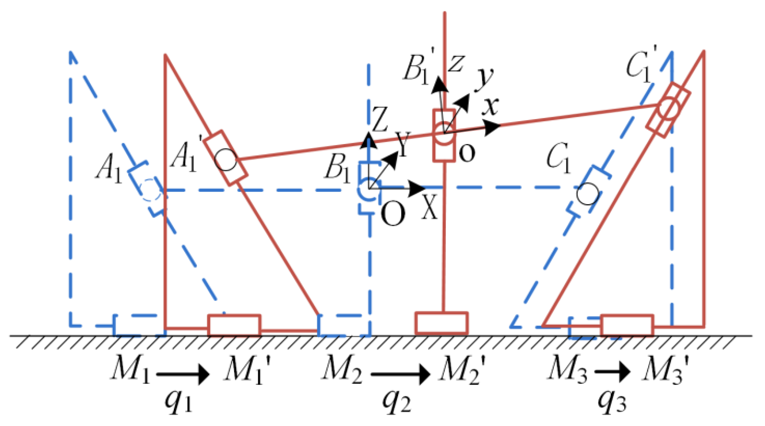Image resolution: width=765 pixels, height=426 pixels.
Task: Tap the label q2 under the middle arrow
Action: tap(397, 401)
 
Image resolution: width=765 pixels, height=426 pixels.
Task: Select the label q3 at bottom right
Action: tap(612, 401)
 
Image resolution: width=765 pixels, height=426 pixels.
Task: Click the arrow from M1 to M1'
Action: tap(183, 374)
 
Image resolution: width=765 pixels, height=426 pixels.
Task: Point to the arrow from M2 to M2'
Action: tap(400, 374)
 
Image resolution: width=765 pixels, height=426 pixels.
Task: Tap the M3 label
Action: tap(567, 369)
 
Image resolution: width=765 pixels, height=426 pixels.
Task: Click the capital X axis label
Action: tap(430, 207)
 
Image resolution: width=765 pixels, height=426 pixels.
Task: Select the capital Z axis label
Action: tap(380, 119)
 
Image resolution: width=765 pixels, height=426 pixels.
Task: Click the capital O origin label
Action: tap(393, 214)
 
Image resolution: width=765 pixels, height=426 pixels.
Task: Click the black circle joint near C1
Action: tap(588, 194)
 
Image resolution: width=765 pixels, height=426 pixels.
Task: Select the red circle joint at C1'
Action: tap(669, 109)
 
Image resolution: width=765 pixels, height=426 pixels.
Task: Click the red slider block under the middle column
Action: tap(441, 323)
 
